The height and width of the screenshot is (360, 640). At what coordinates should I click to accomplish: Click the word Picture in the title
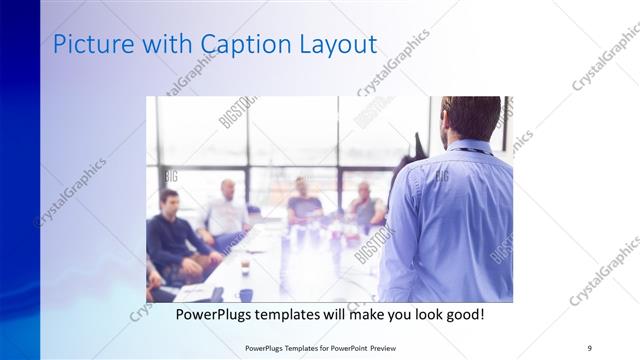(87, 45)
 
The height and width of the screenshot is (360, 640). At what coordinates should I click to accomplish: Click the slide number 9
(589, 347)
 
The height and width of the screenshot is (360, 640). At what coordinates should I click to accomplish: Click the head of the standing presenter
(471, 118)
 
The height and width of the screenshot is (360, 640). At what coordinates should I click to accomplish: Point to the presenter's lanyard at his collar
(467, 147)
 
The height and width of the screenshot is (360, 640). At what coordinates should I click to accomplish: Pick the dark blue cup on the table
(246, 294)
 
